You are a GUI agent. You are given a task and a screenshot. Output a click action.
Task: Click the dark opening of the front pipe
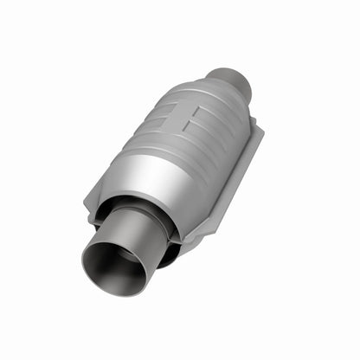click(x=115, y=268)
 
